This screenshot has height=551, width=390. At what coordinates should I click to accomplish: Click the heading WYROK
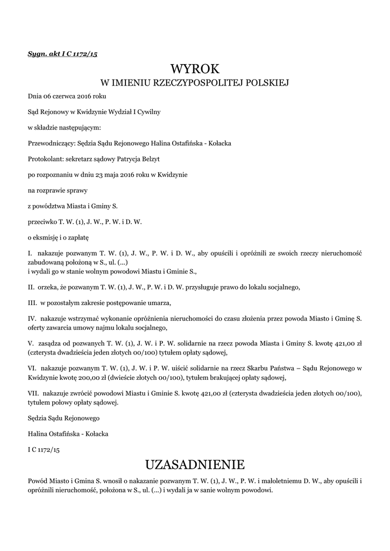pos(195,69)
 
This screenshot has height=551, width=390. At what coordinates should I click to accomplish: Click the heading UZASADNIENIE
pos(195,464)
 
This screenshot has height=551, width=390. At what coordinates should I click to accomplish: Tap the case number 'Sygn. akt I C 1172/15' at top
pos(62,54)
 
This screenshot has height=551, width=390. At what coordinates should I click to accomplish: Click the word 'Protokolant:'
pos(44,159)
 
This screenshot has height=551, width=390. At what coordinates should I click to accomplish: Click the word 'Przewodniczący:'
pos(51,144)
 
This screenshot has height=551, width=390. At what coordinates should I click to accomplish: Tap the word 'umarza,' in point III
pos(159,302)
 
